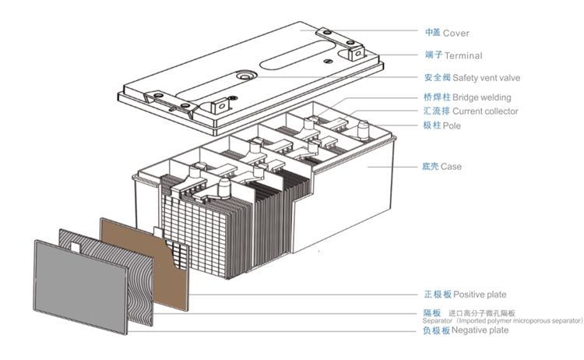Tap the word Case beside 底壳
[x=452, y=167]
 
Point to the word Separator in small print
[x=438, y=321]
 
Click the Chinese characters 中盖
[x=432, y=34]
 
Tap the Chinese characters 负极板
[x=436, y=330]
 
